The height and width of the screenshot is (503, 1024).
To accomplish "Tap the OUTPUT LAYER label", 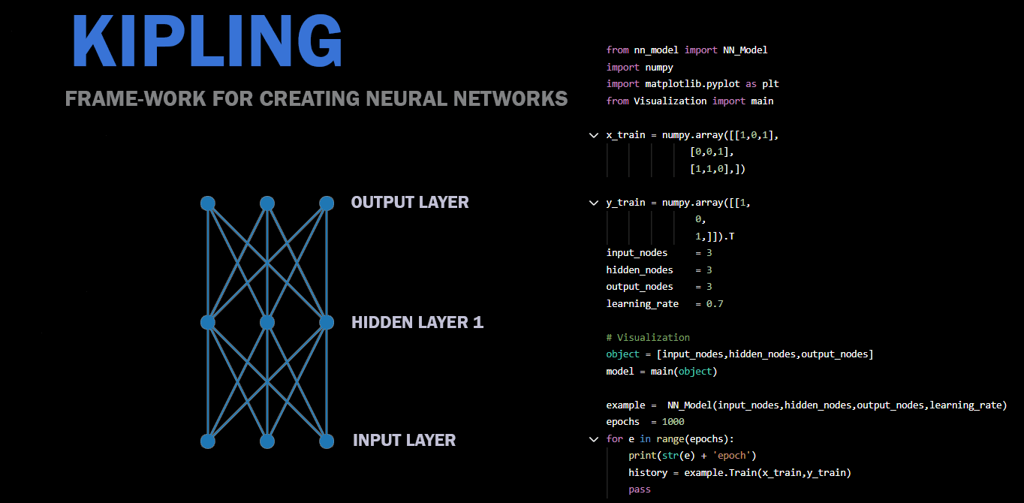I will [410, 203].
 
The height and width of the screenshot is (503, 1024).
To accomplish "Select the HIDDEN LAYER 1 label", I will [417, 323].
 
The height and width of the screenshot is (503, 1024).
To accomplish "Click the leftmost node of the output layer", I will [208, 203].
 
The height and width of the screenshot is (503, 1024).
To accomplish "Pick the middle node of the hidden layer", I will [267, 323].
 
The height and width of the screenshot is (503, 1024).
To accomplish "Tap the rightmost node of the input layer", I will [326, 441].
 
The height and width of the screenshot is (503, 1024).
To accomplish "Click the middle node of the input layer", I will [267, 441].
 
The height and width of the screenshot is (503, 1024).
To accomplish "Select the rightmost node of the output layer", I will [326, 203].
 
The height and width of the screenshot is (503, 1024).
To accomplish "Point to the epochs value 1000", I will [673, 422].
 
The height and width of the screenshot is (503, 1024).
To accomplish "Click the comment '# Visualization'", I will [648, 338].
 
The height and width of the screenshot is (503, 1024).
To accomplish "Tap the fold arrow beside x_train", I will [594, 136].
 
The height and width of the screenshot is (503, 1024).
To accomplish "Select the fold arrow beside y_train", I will [594, 203].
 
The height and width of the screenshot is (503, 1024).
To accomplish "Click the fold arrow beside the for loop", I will [594, 439].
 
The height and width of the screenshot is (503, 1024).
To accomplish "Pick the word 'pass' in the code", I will [640, 489].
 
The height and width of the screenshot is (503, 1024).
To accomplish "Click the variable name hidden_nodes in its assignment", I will [640, 270].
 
